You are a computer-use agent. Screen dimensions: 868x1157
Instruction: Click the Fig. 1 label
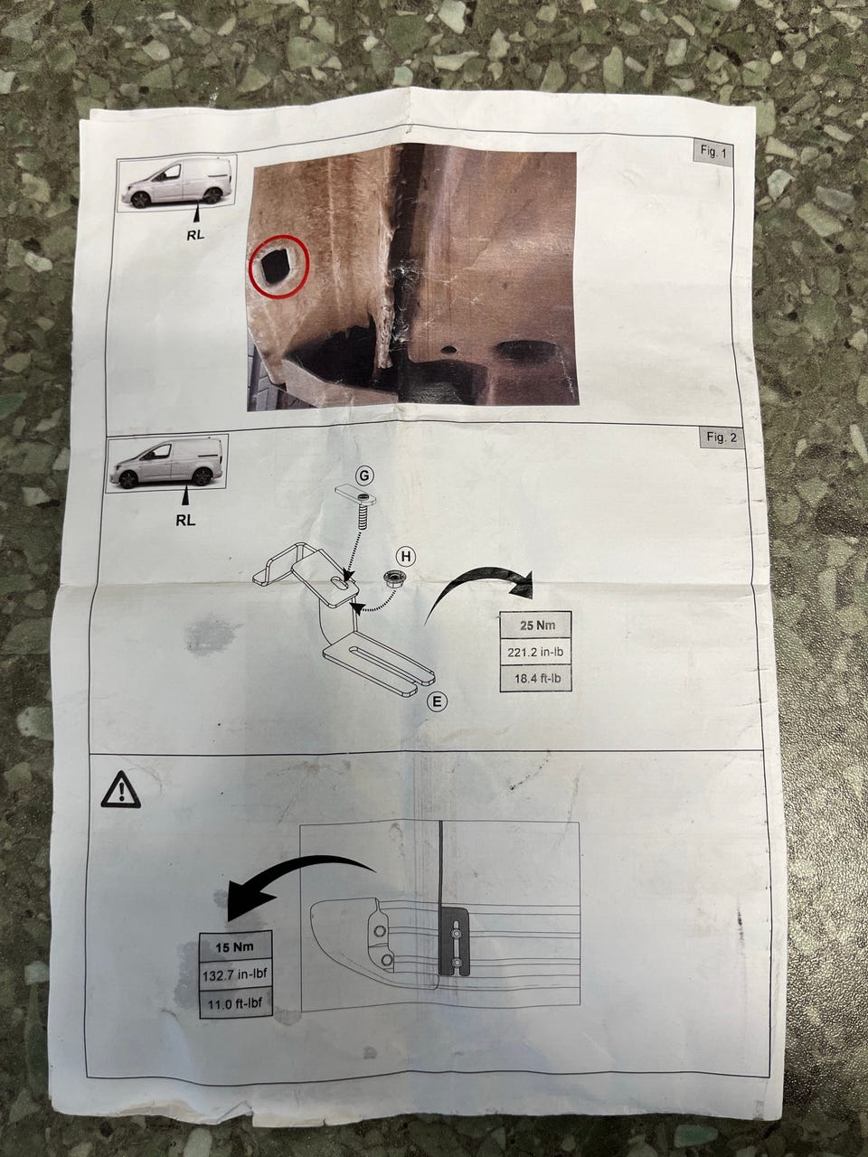[x=713, y=154]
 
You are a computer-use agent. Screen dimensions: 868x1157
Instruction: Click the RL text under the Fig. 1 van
[x=195, y=235]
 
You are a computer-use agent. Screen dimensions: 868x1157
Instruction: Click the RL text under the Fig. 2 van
[x=185, y=521]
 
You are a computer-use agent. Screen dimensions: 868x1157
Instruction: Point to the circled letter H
[x=406, y=557]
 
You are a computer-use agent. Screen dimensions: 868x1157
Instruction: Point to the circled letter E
[x=437, y=701]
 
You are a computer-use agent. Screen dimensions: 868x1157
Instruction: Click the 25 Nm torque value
[x=536, y=626]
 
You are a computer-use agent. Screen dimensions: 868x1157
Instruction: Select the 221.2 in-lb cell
[x=535, y=653]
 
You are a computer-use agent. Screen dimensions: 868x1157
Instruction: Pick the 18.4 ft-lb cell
[x=536, y=679]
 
